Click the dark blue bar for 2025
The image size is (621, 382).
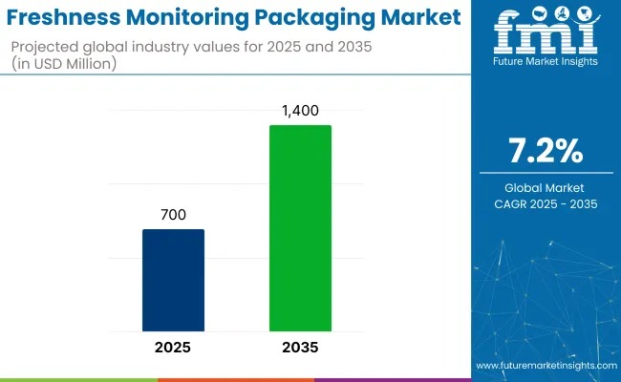[x=173, y=279]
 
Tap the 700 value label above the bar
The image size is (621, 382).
[x=173, y=216]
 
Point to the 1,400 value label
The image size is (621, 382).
[x=300, y=112]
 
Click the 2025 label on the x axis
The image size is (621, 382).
[x=173, y=348]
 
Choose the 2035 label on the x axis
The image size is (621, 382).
[x=300, y=348]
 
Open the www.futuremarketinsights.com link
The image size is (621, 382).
[x=545, y=366]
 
